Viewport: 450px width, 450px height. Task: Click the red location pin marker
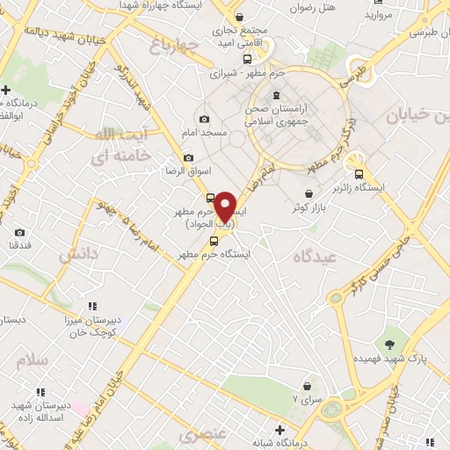click(226, 206)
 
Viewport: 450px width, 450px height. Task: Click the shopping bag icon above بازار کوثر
click(308, 194)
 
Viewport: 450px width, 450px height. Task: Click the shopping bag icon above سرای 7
click(307, 385)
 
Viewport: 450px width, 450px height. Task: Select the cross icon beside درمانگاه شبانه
click(279, 430)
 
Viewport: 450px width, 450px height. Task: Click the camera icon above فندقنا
click(19, 233)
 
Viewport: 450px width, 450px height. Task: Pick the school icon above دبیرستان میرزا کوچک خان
click(91, 307)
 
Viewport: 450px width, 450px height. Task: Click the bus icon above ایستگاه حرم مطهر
click(214, 241)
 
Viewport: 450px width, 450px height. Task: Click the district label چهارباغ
click(171, 45)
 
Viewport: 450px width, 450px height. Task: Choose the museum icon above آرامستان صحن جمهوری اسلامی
click(277, 96)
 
